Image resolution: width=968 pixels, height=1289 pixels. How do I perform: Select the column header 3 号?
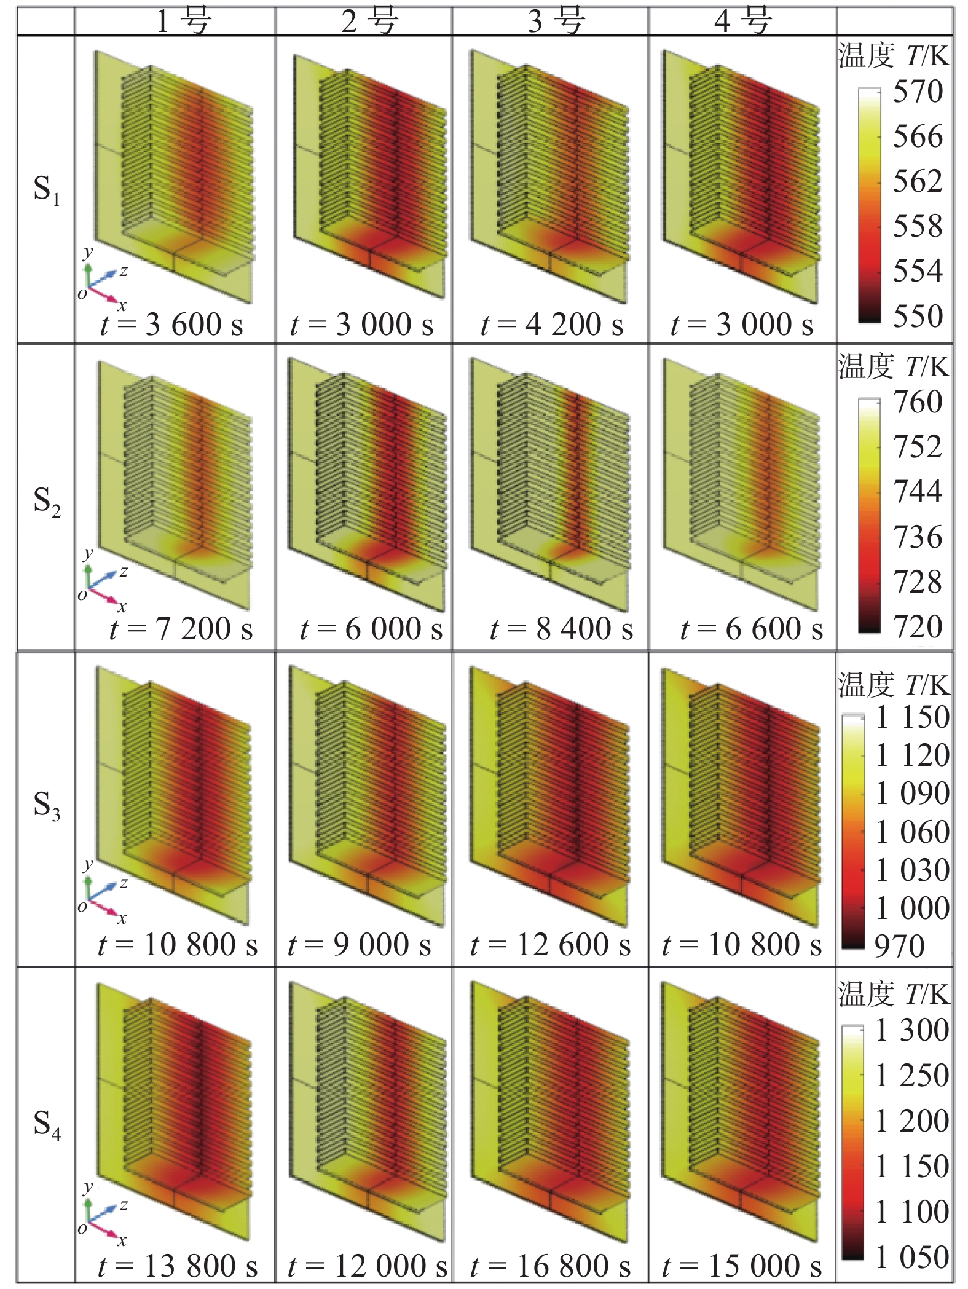pyautogui.click(x=555, y=21)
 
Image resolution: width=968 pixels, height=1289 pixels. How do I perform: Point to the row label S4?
pyautogui.click(x=47, y=1124)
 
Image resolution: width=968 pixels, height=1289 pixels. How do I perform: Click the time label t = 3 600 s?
pyautogui.click(x=171, y=325)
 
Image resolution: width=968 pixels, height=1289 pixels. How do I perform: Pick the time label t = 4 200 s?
pyautogui.click(x=551, y=325)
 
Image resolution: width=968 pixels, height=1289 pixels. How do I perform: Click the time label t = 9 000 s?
pyautogui.click(x=359, y=945)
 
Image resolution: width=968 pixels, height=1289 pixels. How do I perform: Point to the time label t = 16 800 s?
pyautogui.click(x=550, y=1266)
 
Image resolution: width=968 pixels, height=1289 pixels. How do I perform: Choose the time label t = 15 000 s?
pyautogui.click(x=741, y=1266)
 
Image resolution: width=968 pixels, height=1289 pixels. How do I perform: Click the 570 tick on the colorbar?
pyautogui.click(x=917, y=92)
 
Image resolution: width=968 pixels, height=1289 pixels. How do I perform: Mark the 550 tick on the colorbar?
pyautogui.click(x=917, y=316)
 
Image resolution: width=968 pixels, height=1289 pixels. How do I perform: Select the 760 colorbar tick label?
pyautogui.click(x=917, y=402)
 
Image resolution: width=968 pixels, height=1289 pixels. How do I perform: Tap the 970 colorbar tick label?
pyautogui.click(x=899, y=946)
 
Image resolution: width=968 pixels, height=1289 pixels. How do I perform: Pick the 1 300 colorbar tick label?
pyautogui.click(x=912, y=1030)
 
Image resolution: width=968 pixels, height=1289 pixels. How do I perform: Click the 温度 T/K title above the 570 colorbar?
pyautogui.click(x=894, y=56)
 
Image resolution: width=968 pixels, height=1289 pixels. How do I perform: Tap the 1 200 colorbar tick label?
pyautogui.click(x=912, y=1121)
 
